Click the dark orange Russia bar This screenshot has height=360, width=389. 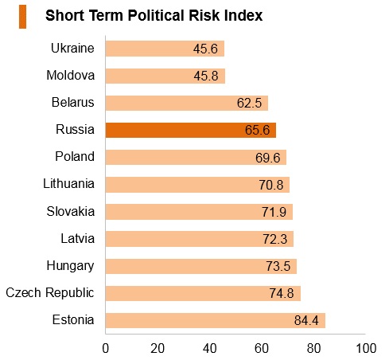(191, 130)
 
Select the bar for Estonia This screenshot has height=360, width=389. (216, 320)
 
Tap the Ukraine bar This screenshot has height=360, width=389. (165, 49)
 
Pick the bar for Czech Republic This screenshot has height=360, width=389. (203, 293)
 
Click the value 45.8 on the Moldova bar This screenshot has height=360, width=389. (206, 76)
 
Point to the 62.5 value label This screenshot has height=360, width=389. (249, 103)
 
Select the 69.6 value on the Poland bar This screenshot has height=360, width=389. (268, 158)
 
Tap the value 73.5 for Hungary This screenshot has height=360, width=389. (278, 266)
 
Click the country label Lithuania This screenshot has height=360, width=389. (69, 184)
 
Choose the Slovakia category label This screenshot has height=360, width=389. (71, 212)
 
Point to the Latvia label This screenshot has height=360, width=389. (78, 238)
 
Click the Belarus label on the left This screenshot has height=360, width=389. (73, 103)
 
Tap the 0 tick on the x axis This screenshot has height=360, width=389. (106, 348)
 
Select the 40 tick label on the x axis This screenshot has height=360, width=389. (210, 348)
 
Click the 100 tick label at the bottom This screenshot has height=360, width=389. (366, 348)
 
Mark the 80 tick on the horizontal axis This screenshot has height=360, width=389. (314, 348)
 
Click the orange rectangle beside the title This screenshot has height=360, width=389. (22, 17)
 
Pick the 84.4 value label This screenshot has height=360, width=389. (306, 320)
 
